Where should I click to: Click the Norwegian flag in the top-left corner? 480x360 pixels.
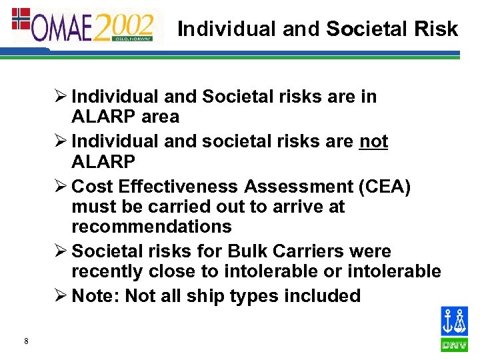click(x=21, y=19)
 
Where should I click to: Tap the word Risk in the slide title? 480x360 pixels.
click(x=438, y=29)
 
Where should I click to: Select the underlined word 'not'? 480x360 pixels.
click(x=373, y=142)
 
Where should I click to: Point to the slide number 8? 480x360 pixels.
click(x=25, y=342)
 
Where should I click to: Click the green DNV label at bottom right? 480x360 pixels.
click(x=455, y=345)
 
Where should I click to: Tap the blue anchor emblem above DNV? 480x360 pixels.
click(x=455, y=322)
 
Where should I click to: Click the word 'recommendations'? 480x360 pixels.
click(x=151, y=227)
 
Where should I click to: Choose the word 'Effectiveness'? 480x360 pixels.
click(x=182, y=187)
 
